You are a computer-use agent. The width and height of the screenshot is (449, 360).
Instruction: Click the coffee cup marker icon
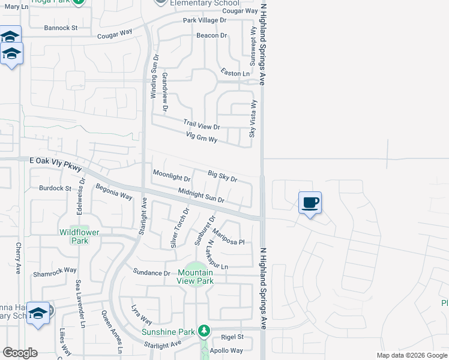[310, 202]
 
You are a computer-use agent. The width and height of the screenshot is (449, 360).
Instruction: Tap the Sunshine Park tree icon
[204, 331]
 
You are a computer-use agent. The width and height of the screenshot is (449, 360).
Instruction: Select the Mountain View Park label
[195, 277]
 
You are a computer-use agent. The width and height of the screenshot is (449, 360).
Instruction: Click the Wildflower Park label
[74, 236]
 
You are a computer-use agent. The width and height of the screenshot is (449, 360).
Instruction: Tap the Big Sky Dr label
[223, 176]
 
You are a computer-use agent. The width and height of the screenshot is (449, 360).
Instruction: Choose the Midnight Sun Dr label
[201, 195]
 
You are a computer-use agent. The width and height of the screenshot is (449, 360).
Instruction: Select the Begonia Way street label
[114, 192]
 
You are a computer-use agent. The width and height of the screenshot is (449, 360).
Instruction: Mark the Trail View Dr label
[202, 127]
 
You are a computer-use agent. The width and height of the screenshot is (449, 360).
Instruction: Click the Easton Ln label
[235, 73]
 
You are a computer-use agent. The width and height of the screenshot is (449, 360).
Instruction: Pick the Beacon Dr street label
[212, 35]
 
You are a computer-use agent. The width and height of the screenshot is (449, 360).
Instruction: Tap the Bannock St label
[61, 28]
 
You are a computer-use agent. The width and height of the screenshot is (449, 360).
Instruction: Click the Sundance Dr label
[152, 273]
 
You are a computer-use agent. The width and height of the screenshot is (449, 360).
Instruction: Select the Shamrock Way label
[55, 271]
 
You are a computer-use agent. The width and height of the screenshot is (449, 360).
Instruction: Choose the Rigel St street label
[232, 337]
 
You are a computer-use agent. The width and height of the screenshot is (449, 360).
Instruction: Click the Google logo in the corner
[20, 353]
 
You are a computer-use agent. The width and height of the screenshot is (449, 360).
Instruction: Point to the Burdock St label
[55, 188]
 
